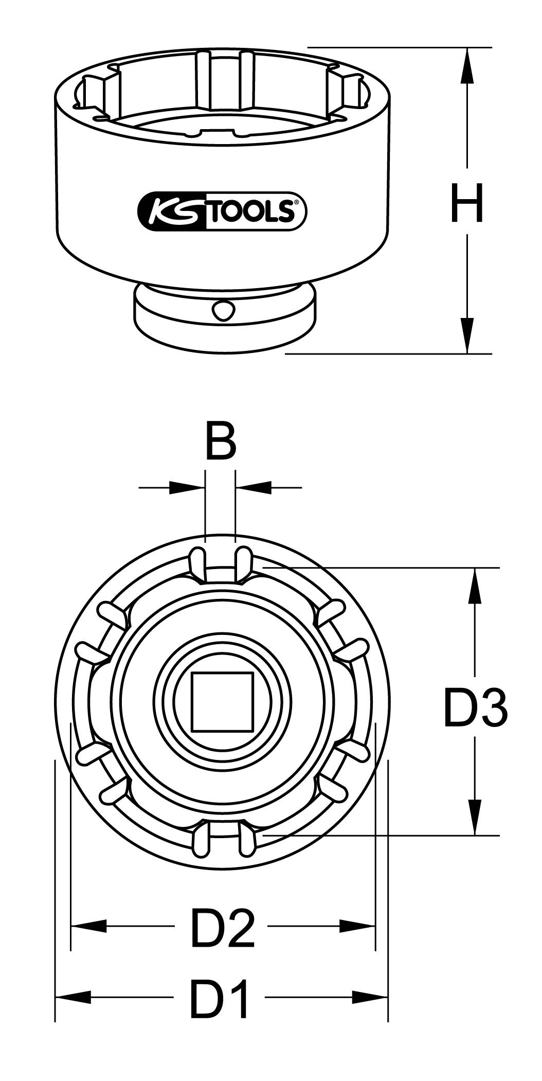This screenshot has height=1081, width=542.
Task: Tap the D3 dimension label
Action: click(475, 709)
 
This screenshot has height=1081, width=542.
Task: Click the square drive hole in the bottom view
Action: click(223, 702)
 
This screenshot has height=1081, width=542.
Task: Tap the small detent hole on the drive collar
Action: click(223, 311)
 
